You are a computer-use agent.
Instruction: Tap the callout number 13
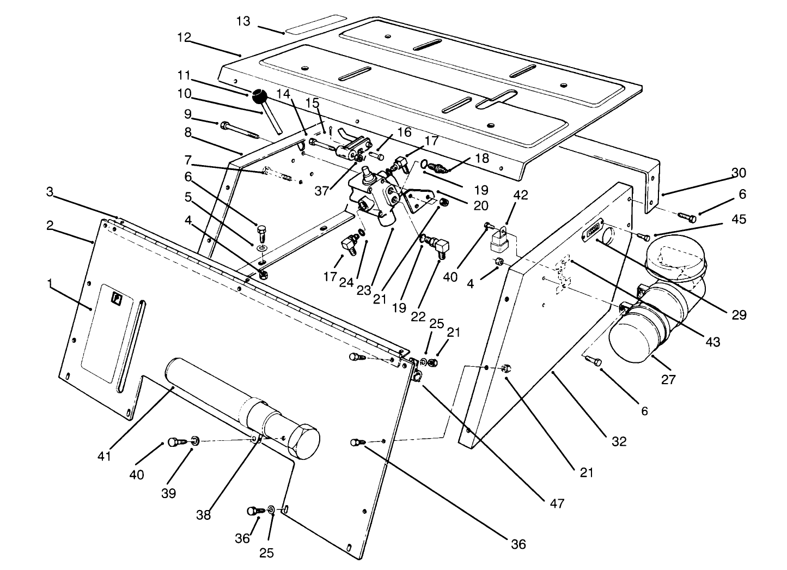tap(243, 21)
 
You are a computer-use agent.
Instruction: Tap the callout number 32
tap(619, 441)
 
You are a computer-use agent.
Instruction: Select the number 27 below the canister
tap(668, 379)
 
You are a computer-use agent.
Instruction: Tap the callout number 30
tap(739, 173)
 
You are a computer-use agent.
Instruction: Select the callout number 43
tap(712, 342)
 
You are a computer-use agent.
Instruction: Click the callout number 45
tap(739, 220)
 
